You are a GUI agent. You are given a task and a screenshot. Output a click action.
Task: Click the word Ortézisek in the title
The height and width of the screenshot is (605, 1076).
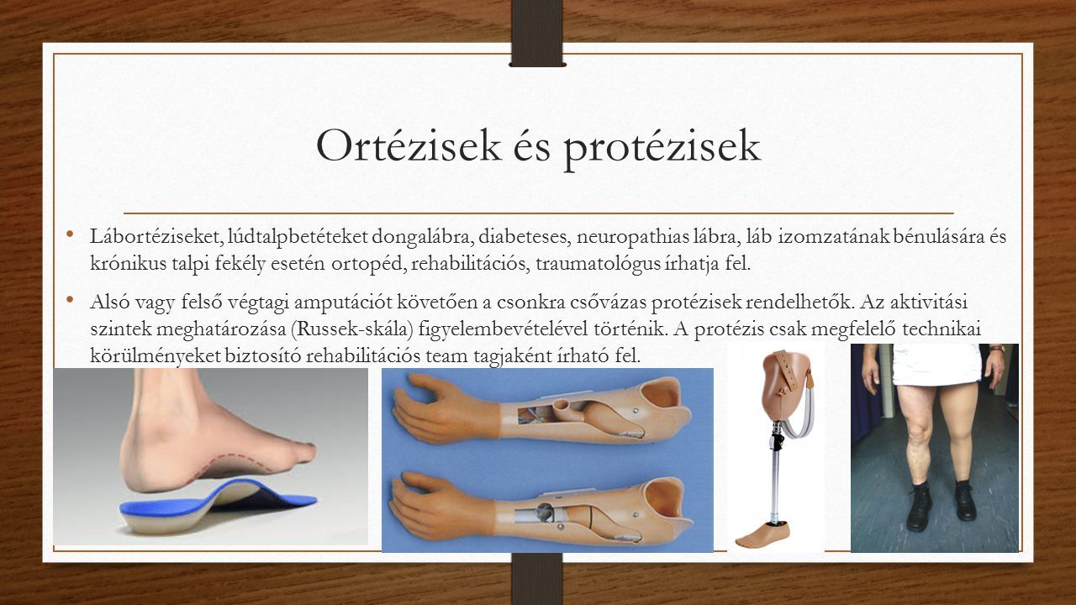pos(409,146)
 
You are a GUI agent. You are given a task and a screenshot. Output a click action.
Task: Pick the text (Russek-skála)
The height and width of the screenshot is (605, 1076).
pos(351,329)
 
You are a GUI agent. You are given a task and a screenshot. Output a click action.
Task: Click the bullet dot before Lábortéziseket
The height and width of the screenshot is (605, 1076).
pos(70,234)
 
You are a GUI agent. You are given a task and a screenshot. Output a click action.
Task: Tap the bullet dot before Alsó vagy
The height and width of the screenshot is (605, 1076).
pos(70,300)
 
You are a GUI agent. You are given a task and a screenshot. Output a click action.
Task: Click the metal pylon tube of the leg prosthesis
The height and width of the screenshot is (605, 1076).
pos(777,485)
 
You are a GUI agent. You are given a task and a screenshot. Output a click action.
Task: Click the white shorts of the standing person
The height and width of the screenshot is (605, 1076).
pos(936,364)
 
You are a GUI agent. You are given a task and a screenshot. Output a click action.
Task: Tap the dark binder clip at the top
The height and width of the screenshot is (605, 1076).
pos(537,33)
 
